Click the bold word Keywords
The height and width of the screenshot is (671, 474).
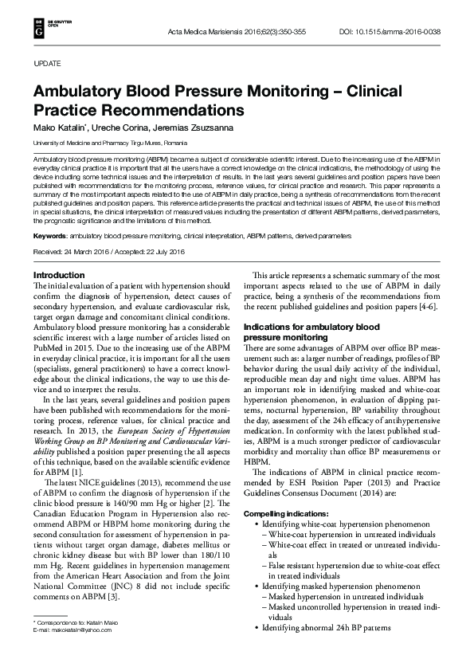[x=49, y=214]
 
